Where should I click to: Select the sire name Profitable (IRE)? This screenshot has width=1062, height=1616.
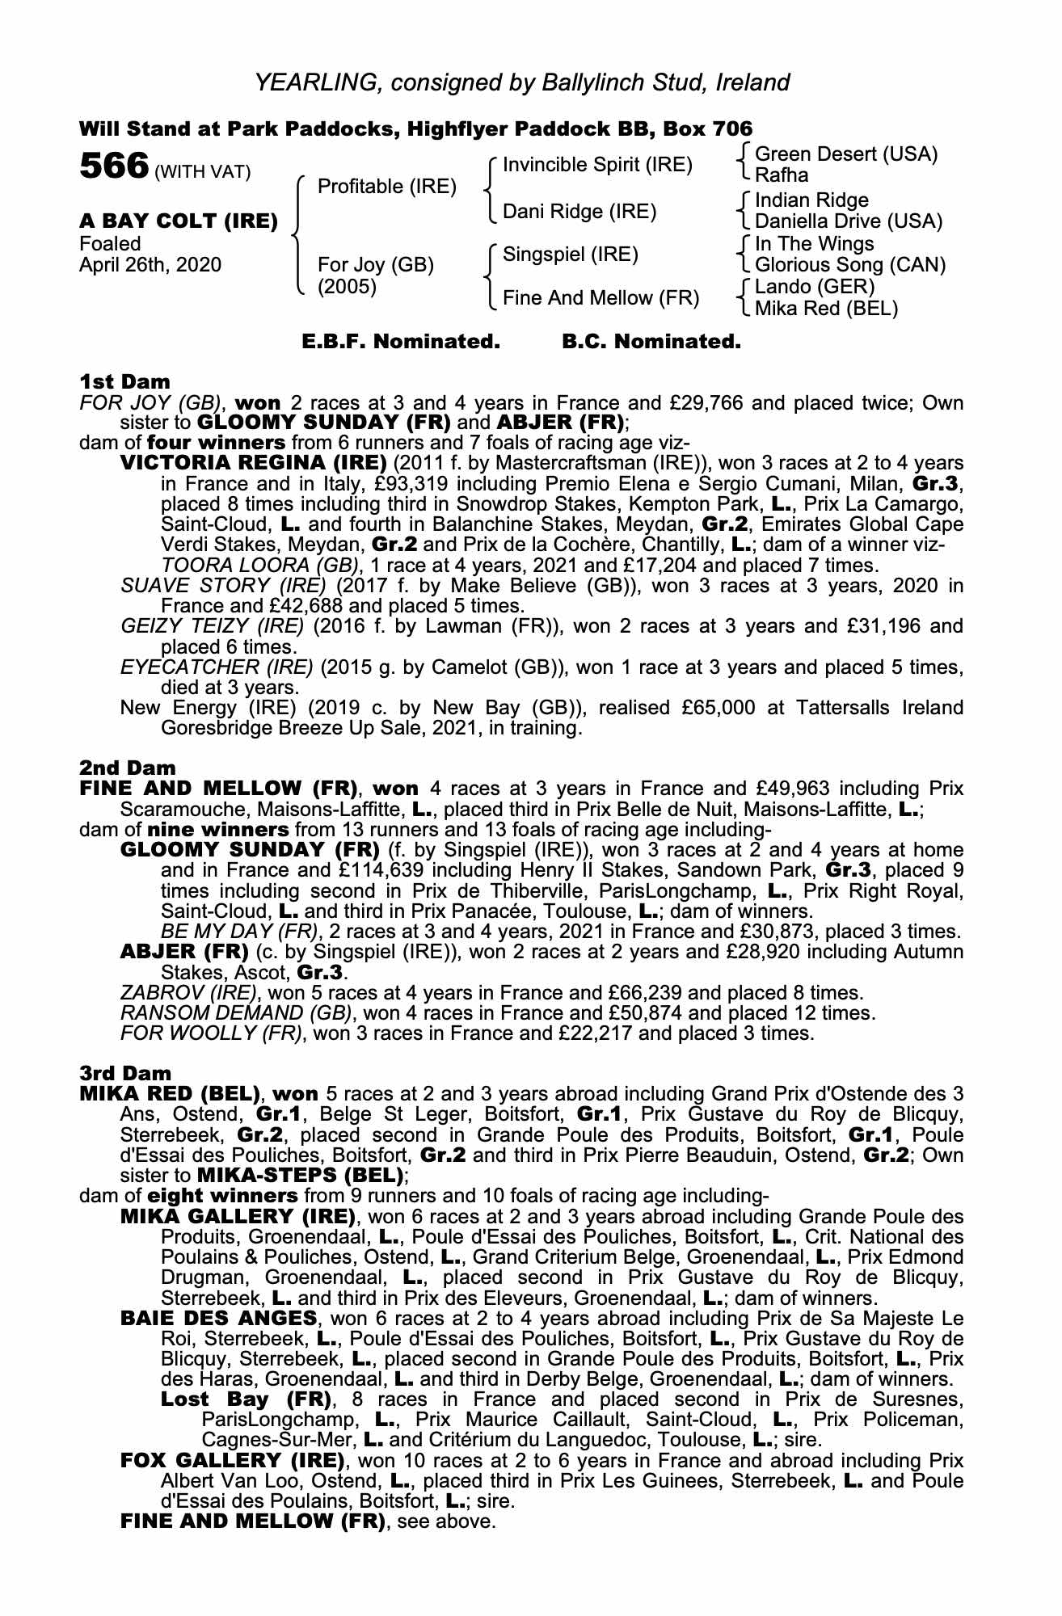387,187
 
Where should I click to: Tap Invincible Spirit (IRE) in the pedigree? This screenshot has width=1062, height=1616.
597,165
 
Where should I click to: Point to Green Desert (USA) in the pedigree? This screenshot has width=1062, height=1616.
846,154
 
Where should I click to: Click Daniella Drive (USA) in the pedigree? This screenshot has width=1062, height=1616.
849,221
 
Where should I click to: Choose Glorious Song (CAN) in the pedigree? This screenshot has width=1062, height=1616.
850,265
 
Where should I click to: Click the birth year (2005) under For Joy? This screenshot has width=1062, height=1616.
348,287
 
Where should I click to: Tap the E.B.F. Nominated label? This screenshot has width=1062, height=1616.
401,342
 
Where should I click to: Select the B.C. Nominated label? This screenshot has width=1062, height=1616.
651,342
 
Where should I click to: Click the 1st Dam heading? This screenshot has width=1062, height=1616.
125,381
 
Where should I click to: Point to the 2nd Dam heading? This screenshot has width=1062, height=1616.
127,768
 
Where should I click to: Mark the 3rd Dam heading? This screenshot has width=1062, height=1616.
126,1074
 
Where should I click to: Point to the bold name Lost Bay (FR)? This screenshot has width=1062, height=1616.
247,1399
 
